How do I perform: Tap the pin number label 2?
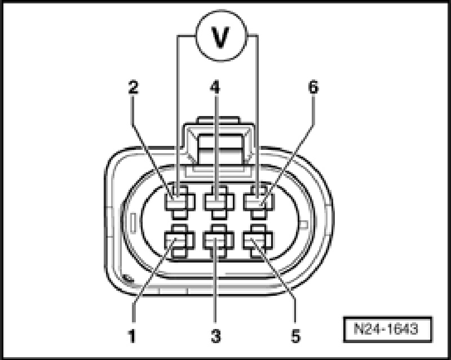(x=134, y=88)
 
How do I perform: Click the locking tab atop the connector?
(x=217, y=144)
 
